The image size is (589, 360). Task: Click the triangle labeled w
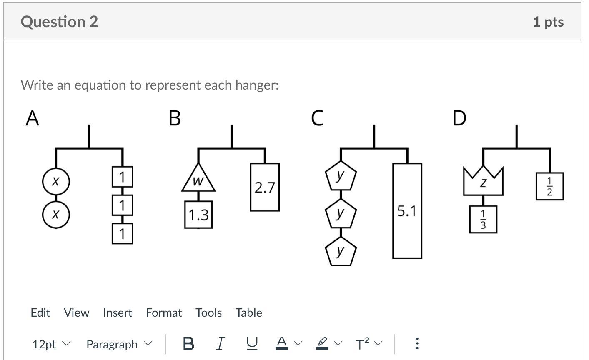198,179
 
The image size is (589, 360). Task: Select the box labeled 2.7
265,187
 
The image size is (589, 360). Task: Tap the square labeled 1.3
198,215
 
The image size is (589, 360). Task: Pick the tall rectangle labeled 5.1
407,211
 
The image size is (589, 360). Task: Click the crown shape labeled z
483,182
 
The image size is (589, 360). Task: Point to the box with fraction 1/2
549,186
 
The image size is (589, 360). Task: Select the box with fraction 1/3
483,220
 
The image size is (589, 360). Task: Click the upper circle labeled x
56,182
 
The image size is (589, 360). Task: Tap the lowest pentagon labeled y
341,252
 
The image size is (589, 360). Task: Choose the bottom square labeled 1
123,234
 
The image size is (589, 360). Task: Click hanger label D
459,118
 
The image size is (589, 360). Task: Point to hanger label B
175,118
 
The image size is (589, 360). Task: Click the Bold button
188,343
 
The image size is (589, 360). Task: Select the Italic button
221,343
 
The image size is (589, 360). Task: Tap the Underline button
252,343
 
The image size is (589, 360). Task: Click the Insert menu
118,312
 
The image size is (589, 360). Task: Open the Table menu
249,312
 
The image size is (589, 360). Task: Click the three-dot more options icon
417,343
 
